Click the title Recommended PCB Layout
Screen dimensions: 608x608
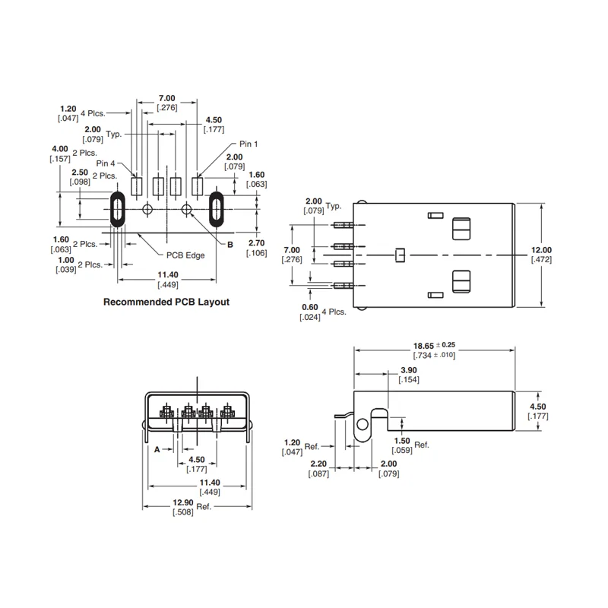point(166,302)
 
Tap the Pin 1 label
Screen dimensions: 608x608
point(250,144)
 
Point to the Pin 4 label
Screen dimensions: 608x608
point(106,163)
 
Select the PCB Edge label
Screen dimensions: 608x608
point(185,255)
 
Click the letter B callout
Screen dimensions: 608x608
point(230,243)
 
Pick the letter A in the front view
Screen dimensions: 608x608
point(157,449)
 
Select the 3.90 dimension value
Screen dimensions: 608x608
point(408,371)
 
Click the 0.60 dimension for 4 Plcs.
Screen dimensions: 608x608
point(309,307)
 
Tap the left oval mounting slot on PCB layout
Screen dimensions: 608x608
point(117,208)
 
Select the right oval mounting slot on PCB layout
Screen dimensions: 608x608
point(217,208)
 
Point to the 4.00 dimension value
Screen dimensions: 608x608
point(59,148)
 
